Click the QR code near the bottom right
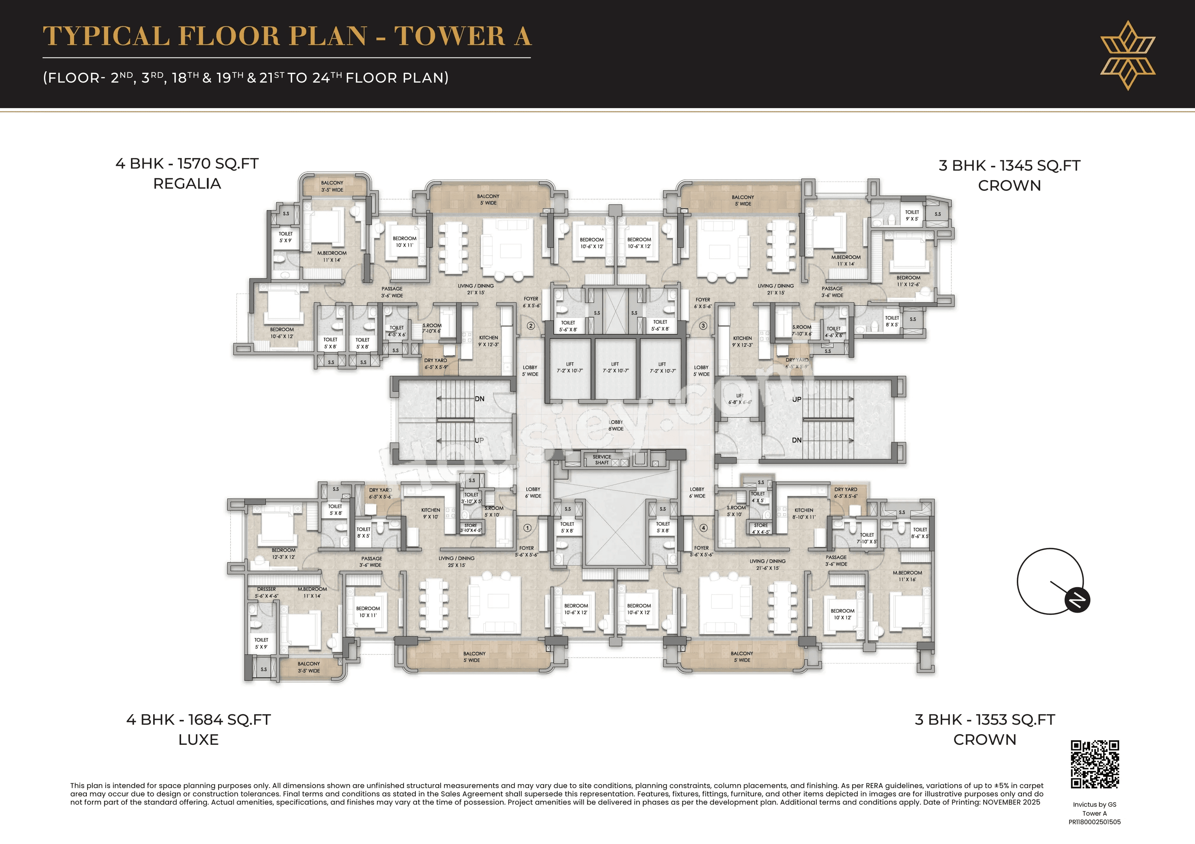(x=1094, y=764)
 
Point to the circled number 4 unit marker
(x=704, y=528)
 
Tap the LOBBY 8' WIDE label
(x=616, y=425)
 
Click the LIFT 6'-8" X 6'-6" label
(x=740, y=399)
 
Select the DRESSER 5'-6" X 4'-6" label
(x=266, y=592)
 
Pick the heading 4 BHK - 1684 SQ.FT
(x=198, y=720)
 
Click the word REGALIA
(x=187, y=184)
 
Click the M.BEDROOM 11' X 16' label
(x=907, y=576)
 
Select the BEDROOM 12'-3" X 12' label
(x=283, y=553)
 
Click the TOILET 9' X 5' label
(x=912, y=215)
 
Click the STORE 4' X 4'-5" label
(x=760, y=528)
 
